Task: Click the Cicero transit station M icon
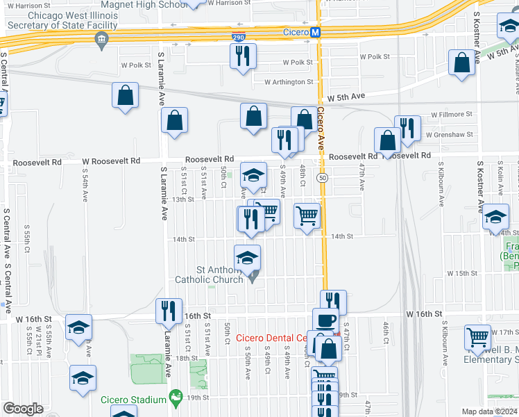tap(314, 32)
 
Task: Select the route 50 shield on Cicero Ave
tap(323, 178)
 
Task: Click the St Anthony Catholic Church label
tap(212, 275)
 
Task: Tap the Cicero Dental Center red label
tap(272, 338)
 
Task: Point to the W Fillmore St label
tap(451, 114)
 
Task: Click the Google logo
tap(23, 409)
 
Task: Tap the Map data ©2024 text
tap(488, 411)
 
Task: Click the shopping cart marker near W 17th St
tap(478, 338)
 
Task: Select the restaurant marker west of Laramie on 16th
tap(169, 311)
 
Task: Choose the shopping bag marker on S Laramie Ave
tap(175, 120)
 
